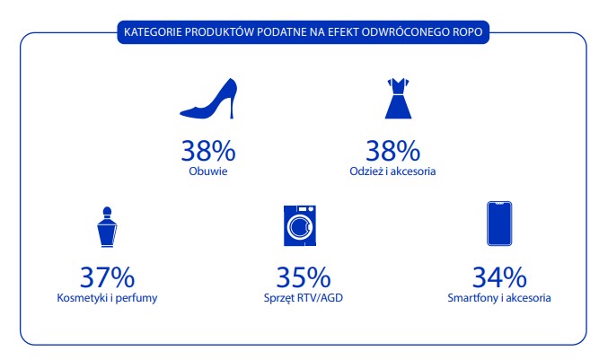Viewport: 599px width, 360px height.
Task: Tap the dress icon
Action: click(398, 99)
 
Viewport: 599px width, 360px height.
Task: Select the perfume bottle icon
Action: click(107, 227)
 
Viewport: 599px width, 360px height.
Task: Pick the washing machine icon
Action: click(300, 225)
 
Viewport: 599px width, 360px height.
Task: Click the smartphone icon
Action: click(499, 224)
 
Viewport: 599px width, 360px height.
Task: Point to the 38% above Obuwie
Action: click(208, 151)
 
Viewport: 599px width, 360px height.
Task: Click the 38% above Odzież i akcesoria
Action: click(392, 151)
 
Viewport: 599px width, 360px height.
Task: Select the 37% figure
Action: click(108, 277)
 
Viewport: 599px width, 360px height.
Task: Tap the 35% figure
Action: click(304, 277)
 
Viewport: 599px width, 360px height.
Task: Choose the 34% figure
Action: click(499, 277)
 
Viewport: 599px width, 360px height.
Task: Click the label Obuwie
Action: click(208, 171)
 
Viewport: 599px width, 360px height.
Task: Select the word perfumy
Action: click(137, 299)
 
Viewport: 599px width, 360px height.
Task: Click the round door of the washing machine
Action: click(300, 227)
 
